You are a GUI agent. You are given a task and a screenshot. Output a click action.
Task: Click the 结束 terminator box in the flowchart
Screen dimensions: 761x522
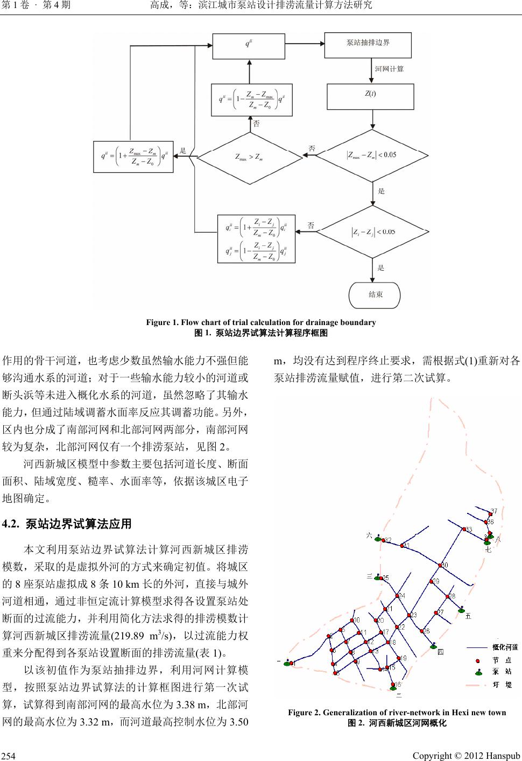(375, 294)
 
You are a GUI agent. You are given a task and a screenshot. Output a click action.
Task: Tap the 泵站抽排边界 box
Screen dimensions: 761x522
(368, 43)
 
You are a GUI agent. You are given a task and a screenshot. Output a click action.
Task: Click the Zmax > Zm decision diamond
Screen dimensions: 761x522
(249, 157)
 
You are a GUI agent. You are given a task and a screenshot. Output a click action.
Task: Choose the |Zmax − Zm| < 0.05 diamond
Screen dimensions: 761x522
(372, 156)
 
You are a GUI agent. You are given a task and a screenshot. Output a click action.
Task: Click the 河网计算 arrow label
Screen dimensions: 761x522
(389, 69)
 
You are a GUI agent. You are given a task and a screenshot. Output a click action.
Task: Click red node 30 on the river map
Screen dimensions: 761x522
(440, 566)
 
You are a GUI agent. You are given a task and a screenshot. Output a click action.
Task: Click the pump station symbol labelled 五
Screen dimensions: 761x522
(461, 610)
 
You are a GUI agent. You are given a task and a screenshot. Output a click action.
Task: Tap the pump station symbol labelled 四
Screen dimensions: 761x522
(433, 646)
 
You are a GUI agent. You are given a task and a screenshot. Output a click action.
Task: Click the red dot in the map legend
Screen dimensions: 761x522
(477, 660)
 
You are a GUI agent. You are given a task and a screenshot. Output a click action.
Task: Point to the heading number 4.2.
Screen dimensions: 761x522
(12, 523)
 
